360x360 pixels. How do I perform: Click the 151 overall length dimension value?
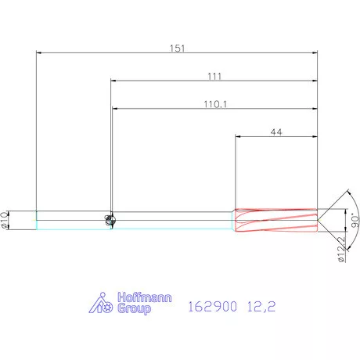pyautogui.click(x=177, y=49)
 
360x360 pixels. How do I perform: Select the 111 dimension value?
pyautogui.click(x=214, y=76)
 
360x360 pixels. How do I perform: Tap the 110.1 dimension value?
pyautogui.click(x=215, y=104)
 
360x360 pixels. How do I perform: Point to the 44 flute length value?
pyautogui.click(x=276, y=132)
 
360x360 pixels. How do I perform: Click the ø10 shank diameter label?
pyautogui.click(x=4, y=220)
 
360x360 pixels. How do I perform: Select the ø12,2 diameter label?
pyautogui.click(x=341, y=249)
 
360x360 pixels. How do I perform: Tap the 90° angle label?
pyautogui.click(x=355, y=221)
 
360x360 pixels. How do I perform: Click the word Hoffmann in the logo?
pyautogui.click(x=145, y=297)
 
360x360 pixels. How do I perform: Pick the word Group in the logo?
pyautogui.click(x=134, y=308)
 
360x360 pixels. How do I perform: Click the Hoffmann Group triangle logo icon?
pyautogui.click(x=101, y=303)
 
